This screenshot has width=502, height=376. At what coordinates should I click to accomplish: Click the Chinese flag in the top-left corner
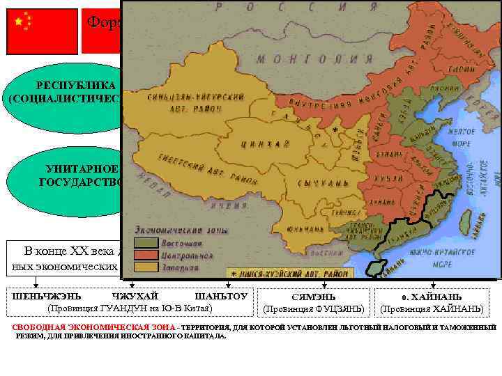[x=43, y=31]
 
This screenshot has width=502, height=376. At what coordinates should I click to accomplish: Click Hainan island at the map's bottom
[x=376, y=264]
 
